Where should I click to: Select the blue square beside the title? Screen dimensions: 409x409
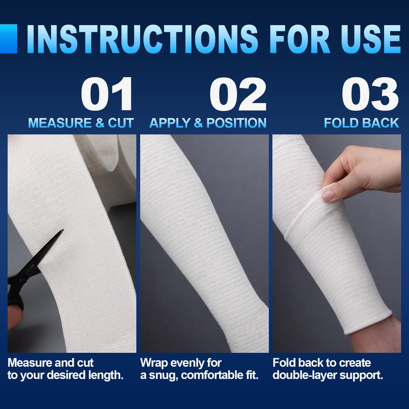click(8, 39)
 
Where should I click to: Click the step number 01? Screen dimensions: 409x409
click(107, 94)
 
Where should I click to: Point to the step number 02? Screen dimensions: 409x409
click(238, 94)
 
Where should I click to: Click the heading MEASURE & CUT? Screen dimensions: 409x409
click(81, 123)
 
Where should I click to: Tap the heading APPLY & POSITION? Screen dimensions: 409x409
click(208, 123)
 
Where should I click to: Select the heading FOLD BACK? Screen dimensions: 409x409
click(362, 123)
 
